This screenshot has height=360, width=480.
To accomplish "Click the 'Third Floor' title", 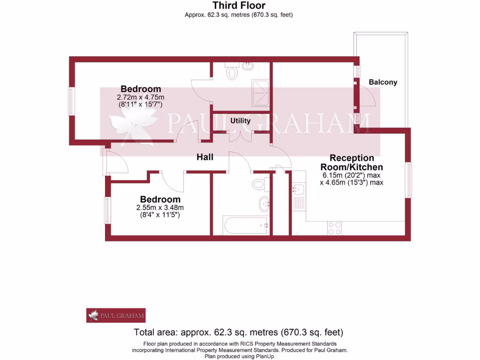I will [239, 6].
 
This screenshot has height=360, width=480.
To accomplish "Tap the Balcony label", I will [382, 82].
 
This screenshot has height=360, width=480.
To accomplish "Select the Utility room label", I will [240, 120].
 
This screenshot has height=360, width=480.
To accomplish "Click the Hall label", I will [205, 157].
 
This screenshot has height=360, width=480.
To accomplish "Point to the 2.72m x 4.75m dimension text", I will [141, 97].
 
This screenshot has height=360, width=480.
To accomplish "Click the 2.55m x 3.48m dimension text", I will [160, 208].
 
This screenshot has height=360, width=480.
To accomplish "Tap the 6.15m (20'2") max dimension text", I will [352, 175].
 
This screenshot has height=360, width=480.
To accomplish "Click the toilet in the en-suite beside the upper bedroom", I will [232, 73].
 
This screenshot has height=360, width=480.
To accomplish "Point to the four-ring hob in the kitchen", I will [335, 228].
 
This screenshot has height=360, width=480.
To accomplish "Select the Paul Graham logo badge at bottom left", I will [116, 315].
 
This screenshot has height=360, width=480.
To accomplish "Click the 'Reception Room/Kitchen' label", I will [352, 163].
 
